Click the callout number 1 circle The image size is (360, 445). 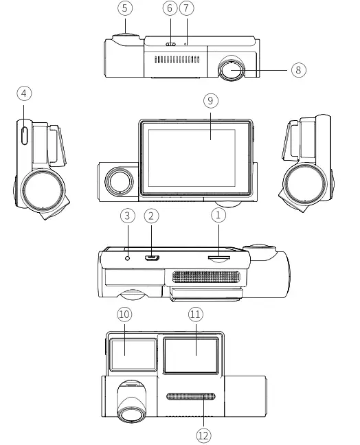tap(218, 216)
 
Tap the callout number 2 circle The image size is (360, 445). tap(153, 216)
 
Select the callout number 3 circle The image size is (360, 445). tap(126, 216)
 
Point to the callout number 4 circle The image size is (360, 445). tap(25, 92)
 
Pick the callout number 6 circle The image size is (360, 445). tap(170, 9)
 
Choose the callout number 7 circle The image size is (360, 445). tap(187, 9)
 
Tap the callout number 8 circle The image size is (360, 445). tap(296, 69)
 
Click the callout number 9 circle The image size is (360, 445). tap(211, 100)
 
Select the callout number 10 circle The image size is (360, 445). tap(124, 315)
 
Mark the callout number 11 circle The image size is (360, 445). tap(195, 315)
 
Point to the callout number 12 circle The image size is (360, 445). tap(203, 435)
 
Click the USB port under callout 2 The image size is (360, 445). tap(153, 259)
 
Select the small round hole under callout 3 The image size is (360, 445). tap(128, 258)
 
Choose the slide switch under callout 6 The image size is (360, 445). tap(170, 45)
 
